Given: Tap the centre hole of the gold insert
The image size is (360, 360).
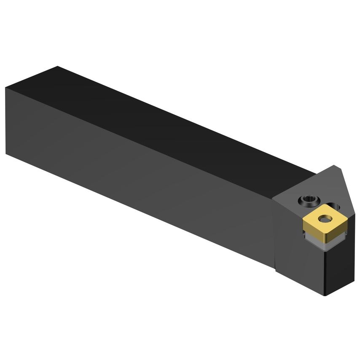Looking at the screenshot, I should coord(325,218).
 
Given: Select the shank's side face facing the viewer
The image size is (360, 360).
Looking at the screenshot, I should coord(139,177).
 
